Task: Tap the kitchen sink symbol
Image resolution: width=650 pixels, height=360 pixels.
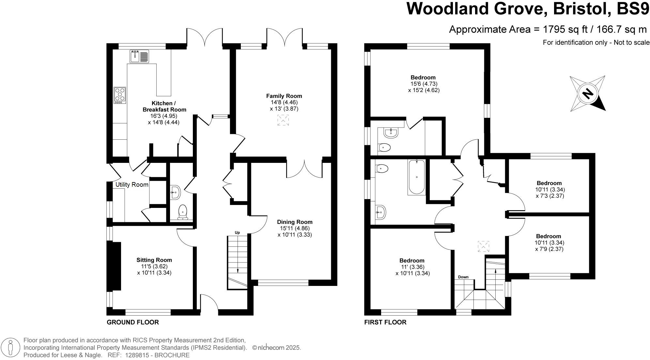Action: (x=139, y=56)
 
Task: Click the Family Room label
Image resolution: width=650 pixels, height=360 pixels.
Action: (x=284, y=96)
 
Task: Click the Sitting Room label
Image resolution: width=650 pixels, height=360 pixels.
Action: (x=154, y=260)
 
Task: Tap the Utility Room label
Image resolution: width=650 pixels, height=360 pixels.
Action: (x=132, y=185)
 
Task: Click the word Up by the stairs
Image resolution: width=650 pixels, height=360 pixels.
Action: (x=237, y=233)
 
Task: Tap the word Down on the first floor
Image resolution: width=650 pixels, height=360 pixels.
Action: (x=463, y=277)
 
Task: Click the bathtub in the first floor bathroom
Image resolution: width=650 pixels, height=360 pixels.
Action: (x=417, y=177)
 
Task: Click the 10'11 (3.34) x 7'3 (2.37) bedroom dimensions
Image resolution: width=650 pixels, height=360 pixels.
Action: (x=550, y=193)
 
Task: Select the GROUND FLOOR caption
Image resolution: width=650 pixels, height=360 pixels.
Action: (x=133, y=322)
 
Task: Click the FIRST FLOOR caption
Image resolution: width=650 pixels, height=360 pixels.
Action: (x=385, y=322)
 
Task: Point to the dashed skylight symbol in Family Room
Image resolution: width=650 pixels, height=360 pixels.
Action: (x=283, y=120)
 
